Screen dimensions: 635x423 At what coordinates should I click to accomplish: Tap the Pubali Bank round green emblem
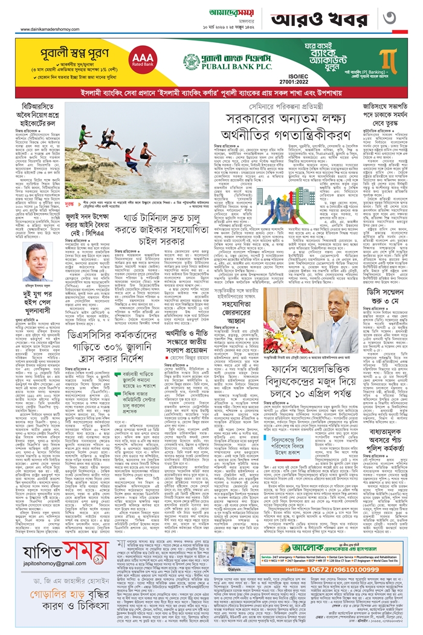click(x=195, y=63)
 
